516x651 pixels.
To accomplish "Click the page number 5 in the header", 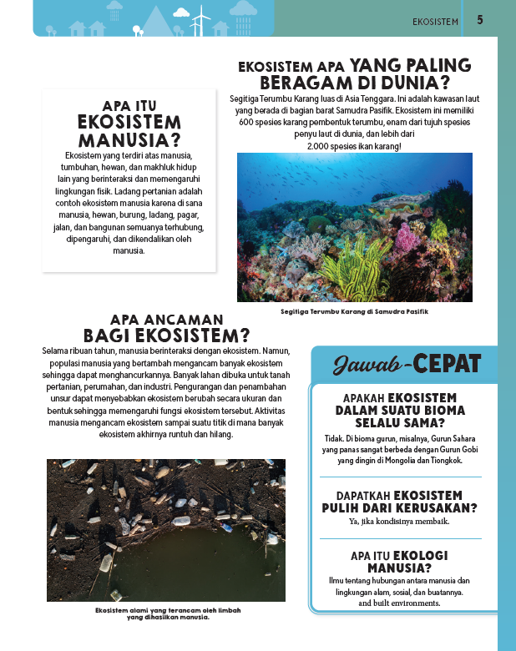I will click(480, 20).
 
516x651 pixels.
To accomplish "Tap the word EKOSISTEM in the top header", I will click(436, 21).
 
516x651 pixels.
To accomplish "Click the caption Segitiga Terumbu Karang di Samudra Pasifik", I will click(355, 311).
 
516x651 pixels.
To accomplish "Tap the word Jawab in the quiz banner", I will click(368, 364).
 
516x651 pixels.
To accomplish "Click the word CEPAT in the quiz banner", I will click(448, 364).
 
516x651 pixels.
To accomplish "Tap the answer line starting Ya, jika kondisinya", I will click(399, 522).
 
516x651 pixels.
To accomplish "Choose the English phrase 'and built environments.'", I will click(399, 603).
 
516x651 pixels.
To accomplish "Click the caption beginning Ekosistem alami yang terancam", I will click(167, 613).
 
